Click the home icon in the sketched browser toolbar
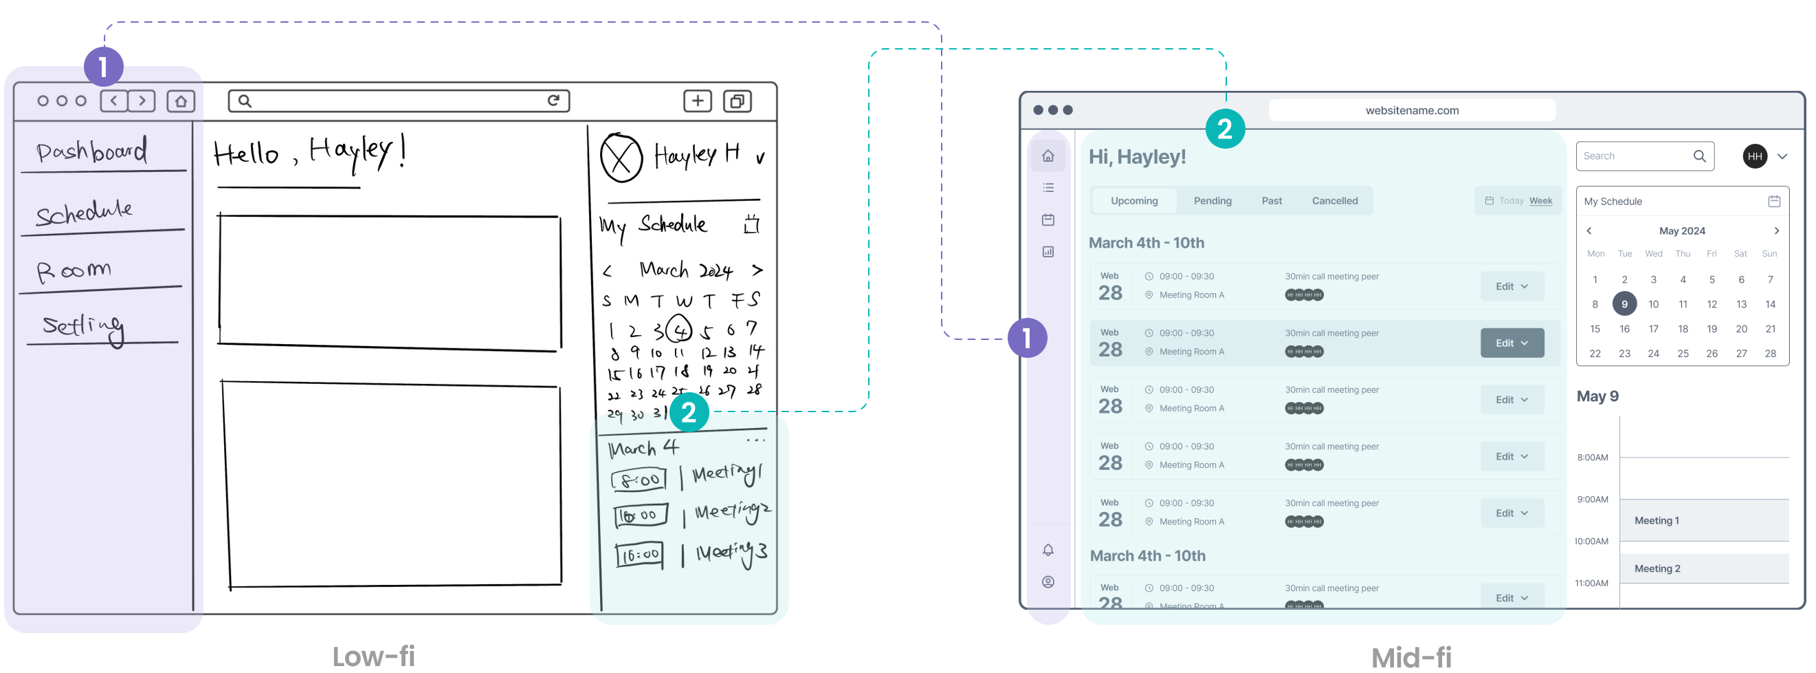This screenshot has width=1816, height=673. pyautogui.click(x=181, y=101)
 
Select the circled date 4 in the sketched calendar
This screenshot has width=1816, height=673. pyautogui.click(x=679, y=330)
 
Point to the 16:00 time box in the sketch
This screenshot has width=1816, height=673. pyautogui.click(x=639, y=555)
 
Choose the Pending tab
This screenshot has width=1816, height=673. pyautogui.click(x=1212, y=201)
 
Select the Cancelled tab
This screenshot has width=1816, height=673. pyautogui.click(x=1335, y=201)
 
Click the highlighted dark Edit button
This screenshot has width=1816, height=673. pyautogui.click(x=1512, y=343)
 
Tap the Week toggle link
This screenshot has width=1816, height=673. pyautogui.click(x=1540, y=201)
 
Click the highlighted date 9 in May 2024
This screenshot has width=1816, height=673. pyautogui.click(x=1624, y=304)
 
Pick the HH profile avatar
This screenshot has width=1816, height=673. pyautogui.click(x=1755, y=156)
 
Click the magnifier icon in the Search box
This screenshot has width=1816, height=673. pyautogui.click(x=1700, y=156)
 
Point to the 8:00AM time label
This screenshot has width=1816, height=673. pyautogui.click(x=1593, y=457)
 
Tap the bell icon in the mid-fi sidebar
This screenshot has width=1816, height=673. pyautogui.click(x=1048, y=550)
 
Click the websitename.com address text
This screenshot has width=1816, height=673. pyautogui.click(x=1412, y=110)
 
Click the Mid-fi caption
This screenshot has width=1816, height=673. pyautogui.click(x=1411, y=656)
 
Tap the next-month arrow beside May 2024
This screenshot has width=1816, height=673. pyautogui.click(x=1777, y=231)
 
